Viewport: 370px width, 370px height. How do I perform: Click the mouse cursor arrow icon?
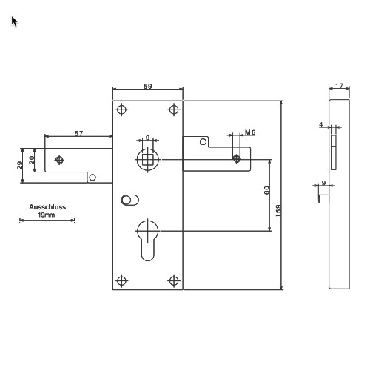(14, 21)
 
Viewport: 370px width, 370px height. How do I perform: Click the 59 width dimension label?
(148, 86)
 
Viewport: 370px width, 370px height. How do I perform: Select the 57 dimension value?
(78, 133)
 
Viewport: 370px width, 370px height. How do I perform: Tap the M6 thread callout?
(250, 132)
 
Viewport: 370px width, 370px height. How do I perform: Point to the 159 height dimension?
(278, 211)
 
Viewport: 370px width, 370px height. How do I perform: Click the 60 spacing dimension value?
(266, 190)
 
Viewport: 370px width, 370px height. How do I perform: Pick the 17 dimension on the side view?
(340, 86)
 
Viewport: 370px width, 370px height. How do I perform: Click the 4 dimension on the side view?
(321, 124)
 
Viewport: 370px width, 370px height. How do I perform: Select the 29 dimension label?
(20, 165)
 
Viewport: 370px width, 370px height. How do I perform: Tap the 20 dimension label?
(32, 160)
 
